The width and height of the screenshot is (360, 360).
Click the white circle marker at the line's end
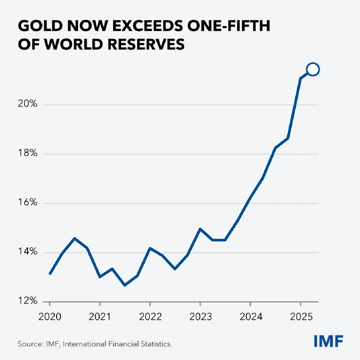click(313, 70)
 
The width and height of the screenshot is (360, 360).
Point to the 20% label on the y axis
click(27, 104)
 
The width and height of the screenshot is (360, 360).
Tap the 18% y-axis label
click(27, 153)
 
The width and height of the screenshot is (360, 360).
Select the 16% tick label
click(27, 202)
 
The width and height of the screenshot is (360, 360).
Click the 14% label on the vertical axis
click(27, 251)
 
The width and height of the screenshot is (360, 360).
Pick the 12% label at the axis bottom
click(27, 301)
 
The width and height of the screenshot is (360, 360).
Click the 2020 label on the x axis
click(50, 317)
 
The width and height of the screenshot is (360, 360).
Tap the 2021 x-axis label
click(100, 317)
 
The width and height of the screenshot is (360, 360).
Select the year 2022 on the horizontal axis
click(150, 317)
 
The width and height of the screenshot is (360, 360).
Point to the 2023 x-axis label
click(200, 317)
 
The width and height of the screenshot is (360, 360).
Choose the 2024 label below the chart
click(250, 317)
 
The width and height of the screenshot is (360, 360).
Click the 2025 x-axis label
click(301, 317)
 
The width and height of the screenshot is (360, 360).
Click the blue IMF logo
click(328, 341)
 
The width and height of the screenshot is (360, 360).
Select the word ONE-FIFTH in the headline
click(229, 26)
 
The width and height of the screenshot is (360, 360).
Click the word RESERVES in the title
click(146, 44)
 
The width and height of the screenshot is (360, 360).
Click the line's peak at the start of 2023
click(200, 229)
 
